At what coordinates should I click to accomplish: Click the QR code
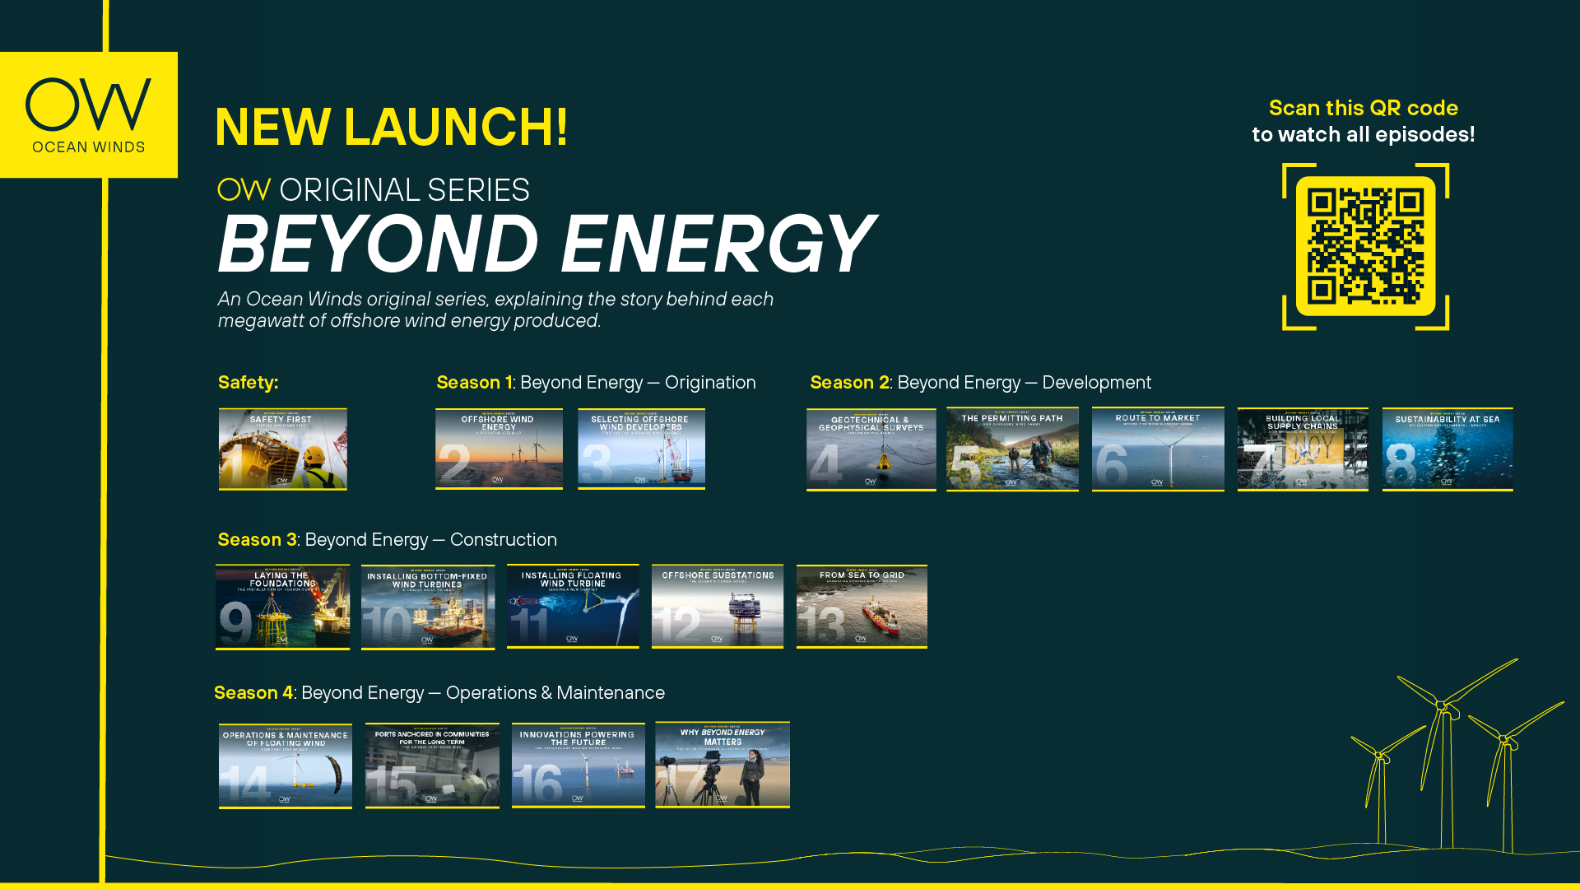1365,246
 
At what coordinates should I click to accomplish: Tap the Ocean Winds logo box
89,115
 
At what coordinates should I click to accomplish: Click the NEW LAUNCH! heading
392,128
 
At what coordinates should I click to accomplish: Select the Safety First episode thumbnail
282,449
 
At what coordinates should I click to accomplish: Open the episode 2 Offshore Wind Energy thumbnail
499,449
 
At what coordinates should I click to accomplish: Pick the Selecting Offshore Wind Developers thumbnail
641,449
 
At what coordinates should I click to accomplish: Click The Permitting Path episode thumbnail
1012,449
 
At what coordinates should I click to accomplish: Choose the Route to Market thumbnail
1157,449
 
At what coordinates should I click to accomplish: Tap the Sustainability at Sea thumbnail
1447,449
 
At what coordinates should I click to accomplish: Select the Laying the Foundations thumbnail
282,607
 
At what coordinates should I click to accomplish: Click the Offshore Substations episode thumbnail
717,607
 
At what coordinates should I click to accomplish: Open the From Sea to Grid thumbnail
862,607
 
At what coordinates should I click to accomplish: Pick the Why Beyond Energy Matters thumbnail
722,765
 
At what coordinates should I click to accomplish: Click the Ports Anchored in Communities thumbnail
432,766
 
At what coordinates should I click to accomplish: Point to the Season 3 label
257,540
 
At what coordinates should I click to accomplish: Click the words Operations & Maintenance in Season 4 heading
555,693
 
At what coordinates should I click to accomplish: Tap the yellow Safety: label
248,383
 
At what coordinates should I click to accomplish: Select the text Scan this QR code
1363,108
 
